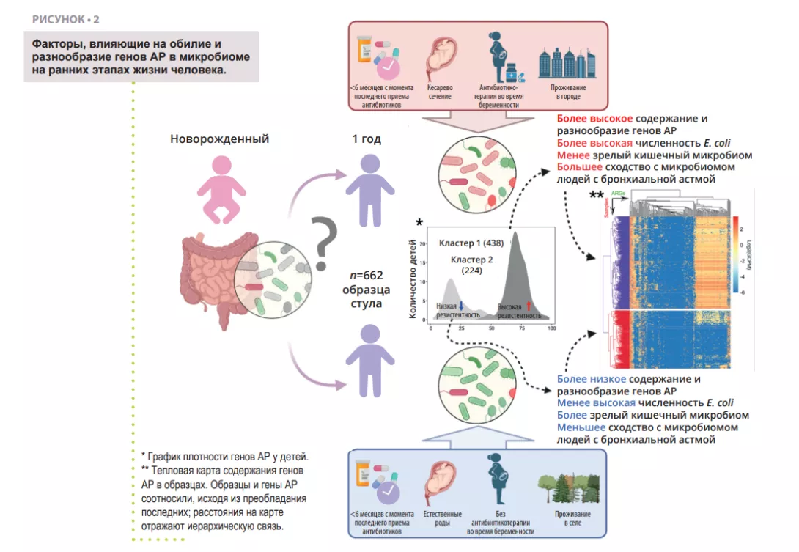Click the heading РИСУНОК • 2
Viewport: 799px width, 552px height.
65,18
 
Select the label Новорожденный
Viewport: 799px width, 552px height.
219,139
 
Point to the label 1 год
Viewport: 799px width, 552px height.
367,139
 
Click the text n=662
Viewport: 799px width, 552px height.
367,276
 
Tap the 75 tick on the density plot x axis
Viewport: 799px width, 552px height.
522,329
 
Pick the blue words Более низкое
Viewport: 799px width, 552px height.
592,379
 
